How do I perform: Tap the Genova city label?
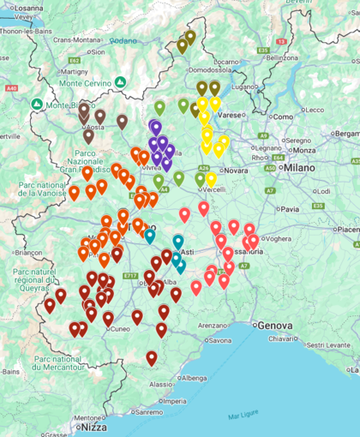pyautogui.click(x=274, y=326)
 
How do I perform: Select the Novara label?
pyautogui.click(x=236, y=171)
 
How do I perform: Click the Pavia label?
pyautogui.click(x=290, y=208)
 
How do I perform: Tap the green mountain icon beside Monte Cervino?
pyautogui.click(x=121, y=82)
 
